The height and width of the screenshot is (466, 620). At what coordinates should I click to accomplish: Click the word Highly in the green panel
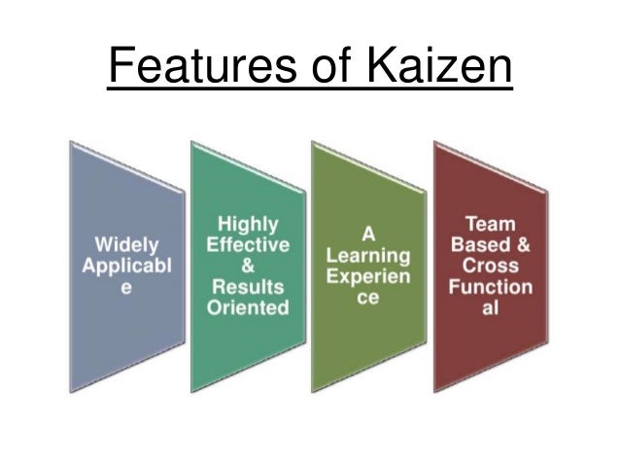pos(248,224)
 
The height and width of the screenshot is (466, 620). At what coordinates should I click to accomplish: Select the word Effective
pos(248,245)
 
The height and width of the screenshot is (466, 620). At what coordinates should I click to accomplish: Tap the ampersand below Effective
pos(248,267)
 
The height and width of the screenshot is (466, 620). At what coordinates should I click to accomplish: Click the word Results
pos(248,287)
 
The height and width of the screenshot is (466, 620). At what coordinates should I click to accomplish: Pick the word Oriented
pos(248,308)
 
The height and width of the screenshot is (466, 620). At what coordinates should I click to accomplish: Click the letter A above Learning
pos(368,234)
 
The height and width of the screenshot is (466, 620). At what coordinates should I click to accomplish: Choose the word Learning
pos(368,256)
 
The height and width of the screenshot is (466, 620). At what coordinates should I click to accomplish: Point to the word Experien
pos(368,277)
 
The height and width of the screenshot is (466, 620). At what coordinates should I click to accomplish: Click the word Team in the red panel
pos(490,223)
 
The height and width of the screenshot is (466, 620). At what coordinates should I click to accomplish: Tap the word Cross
pos(490,266)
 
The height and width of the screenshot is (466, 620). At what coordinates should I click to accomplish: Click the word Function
pos(490,287)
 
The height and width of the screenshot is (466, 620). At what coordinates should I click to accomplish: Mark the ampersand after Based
pos(524,244)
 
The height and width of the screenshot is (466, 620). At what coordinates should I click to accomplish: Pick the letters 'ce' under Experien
pos(368,299)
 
